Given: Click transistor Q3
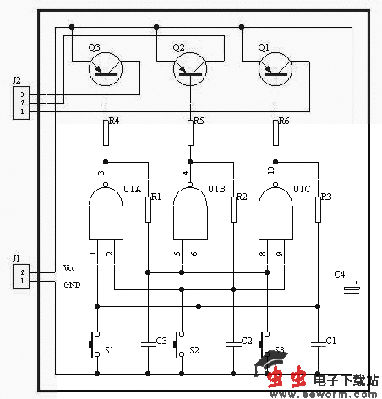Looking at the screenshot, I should [x=106, y=72].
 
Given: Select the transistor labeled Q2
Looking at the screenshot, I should [x=190, y=72].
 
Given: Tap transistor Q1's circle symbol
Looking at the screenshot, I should [x=276, y=72].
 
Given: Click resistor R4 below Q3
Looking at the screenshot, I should [x=106, y=132].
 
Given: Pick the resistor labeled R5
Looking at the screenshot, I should [x=190, y=132].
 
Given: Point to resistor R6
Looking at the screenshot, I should [x=276, y=132].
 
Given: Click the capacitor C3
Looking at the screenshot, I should [x=148, y=341].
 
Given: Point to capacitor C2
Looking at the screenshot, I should [x=233, y=341].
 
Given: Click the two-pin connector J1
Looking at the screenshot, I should [x=18, y=277].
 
